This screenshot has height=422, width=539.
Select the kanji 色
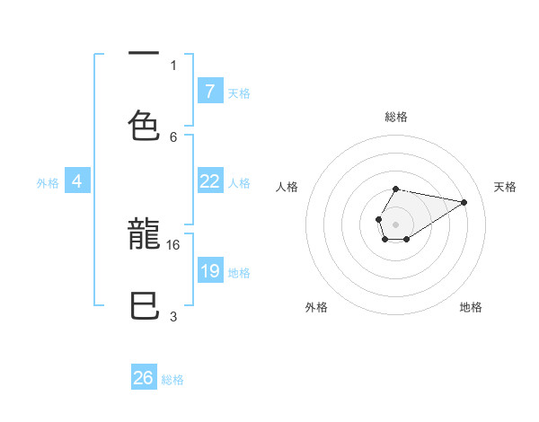[144, 125]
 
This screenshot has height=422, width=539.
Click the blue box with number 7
[210, 91]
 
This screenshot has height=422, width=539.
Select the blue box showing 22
[210, 181]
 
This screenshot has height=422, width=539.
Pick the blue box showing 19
[210, 271]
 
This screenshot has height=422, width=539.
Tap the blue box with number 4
[77, 181]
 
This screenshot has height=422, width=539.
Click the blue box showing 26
[144, 378]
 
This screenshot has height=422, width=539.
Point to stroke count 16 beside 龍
[174, 244]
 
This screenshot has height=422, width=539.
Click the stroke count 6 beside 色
[173, 136]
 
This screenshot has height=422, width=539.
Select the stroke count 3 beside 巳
[173, 315]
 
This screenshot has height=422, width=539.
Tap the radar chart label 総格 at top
[396, 117]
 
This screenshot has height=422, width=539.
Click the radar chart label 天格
[505, 187]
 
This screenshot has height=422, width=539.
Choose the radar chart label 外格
[316, 307]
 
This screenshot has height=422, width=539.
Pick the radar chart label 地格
[471, 307]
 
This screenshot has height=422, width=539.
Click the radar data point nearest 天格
[464, 201]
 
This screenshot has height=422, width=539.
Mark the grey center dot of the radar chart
[395, 223]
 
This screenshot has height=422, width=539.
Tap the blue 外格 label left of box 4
[48, 182]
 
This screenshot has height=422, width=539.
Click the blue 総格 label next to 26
[172, 380]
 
